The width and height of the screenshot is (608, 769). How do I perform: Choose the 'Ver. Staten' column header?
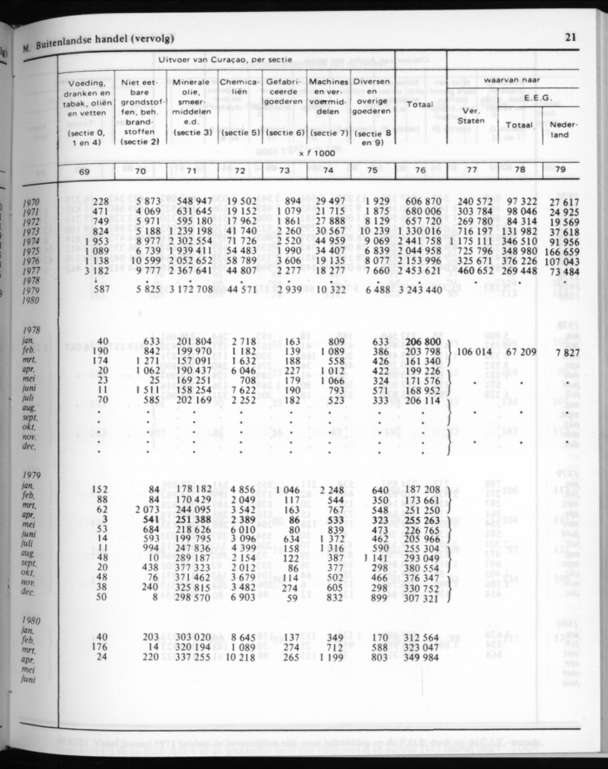471,116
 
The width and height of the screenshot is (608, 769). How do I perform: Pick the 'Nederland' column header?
564,129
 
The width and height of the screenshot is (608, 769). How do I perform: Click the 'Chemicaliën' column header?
239,87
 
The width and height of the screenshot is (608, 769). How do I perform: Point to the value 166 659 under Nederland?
563,252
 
